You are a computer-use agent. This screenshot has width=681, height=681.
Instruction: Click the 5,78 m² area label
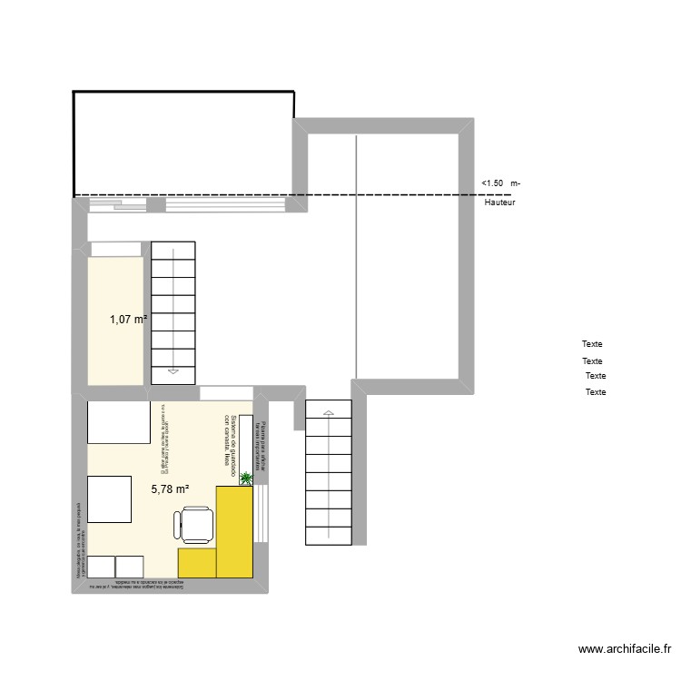(x=170, y=489)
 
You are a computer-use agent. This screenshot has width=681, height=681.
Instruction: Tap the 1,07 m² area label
(x=129, y=319)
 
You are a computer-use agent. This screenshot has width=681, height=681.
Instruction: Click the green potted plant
(x=245, y=483)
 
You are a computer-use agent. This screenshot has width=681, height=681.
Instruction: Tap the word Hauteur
(x=499, y=203)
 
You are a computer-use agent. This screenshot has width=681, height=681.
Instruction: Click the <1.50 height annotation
(x=493, y=184)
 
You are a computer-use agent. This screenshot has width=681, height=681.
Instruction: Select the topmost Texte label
(x=592, y=344)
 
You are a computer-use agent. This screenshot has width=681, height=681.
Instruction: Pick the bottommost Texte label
(x=596, y=392)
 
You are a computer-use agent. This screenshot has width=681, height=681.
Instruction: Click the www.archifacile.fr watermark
(x=626, y=649)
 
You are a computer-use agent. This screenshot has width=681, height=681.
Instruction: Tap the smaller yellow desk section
(x=197, y=562)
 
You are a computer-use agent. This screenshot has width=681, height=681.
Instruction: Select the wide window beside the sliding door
(x=226, y=205)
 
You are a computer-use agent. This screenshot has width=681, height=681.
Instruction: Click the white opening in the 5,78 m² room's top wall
(x=226, y=393)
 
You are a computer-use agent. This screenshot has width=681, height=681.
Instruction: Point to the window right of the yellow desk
(x=262, y=513)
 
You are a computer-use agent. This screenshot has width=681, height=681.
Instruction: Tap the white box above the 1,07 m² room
(x=116, y=249)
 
